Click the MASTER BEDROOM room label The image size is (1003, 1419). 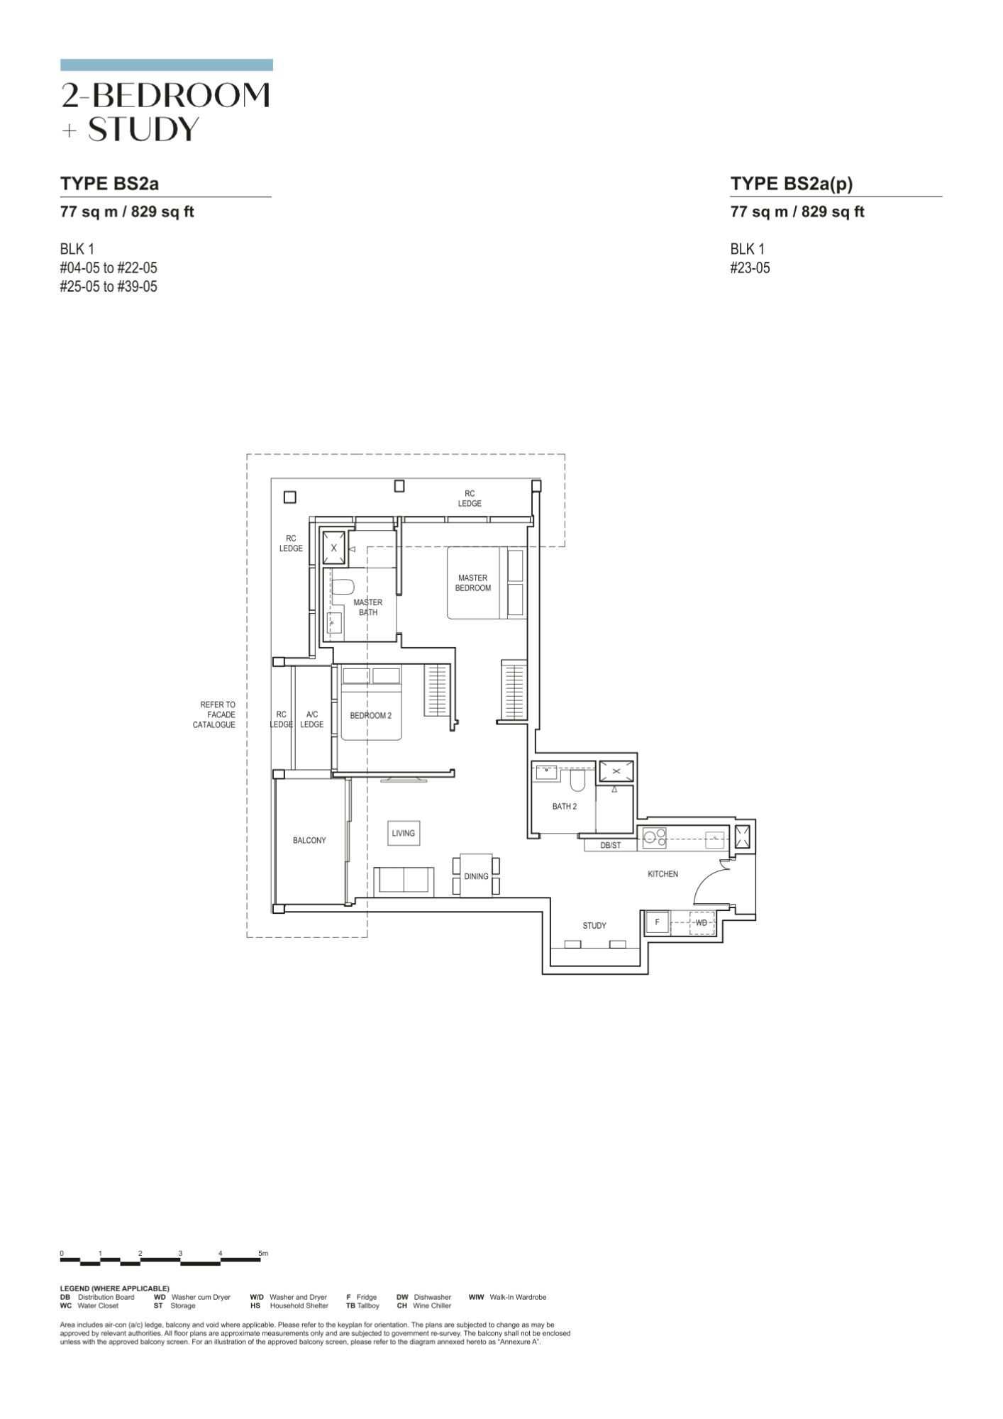coord(473,583)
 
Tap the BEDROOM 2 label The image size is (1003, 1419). coord(370,716)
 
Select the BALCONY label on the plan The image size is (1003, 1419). coord(309,841)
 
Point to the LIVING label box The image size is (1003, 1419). coord(403,833)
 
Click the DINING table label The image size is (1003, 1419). coord(476,876)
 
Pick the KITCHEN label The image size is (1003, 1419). coord(663,874)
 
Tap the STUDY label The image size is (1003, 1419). coord(594,926)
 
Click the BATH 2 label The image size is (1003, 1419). coord(565,807)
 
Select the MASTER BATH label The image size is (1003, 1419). coord(368,607)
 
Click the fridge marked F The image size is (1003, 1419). coord(657,922)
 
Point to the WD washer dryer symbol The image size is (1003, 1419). coord(701,922)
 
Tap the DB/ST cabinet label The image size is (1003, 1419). coord(610,846)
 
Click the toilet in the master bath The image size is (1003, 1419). coord(344,589)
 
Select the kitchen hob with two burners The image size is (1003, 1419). coord(655,839)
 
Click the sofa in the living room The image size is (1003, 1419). coord(404,880)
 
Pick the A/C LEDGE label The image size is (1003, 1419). coord(311,719)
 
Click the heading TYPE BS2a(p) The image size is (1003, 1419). coord(792,184)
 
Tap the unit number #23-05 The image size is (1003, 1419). coord(750,268)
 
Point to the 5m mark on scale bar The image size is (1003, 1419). coord(263,1254)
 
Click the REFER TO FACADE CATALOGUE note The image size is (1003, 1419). coord(214,714)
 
